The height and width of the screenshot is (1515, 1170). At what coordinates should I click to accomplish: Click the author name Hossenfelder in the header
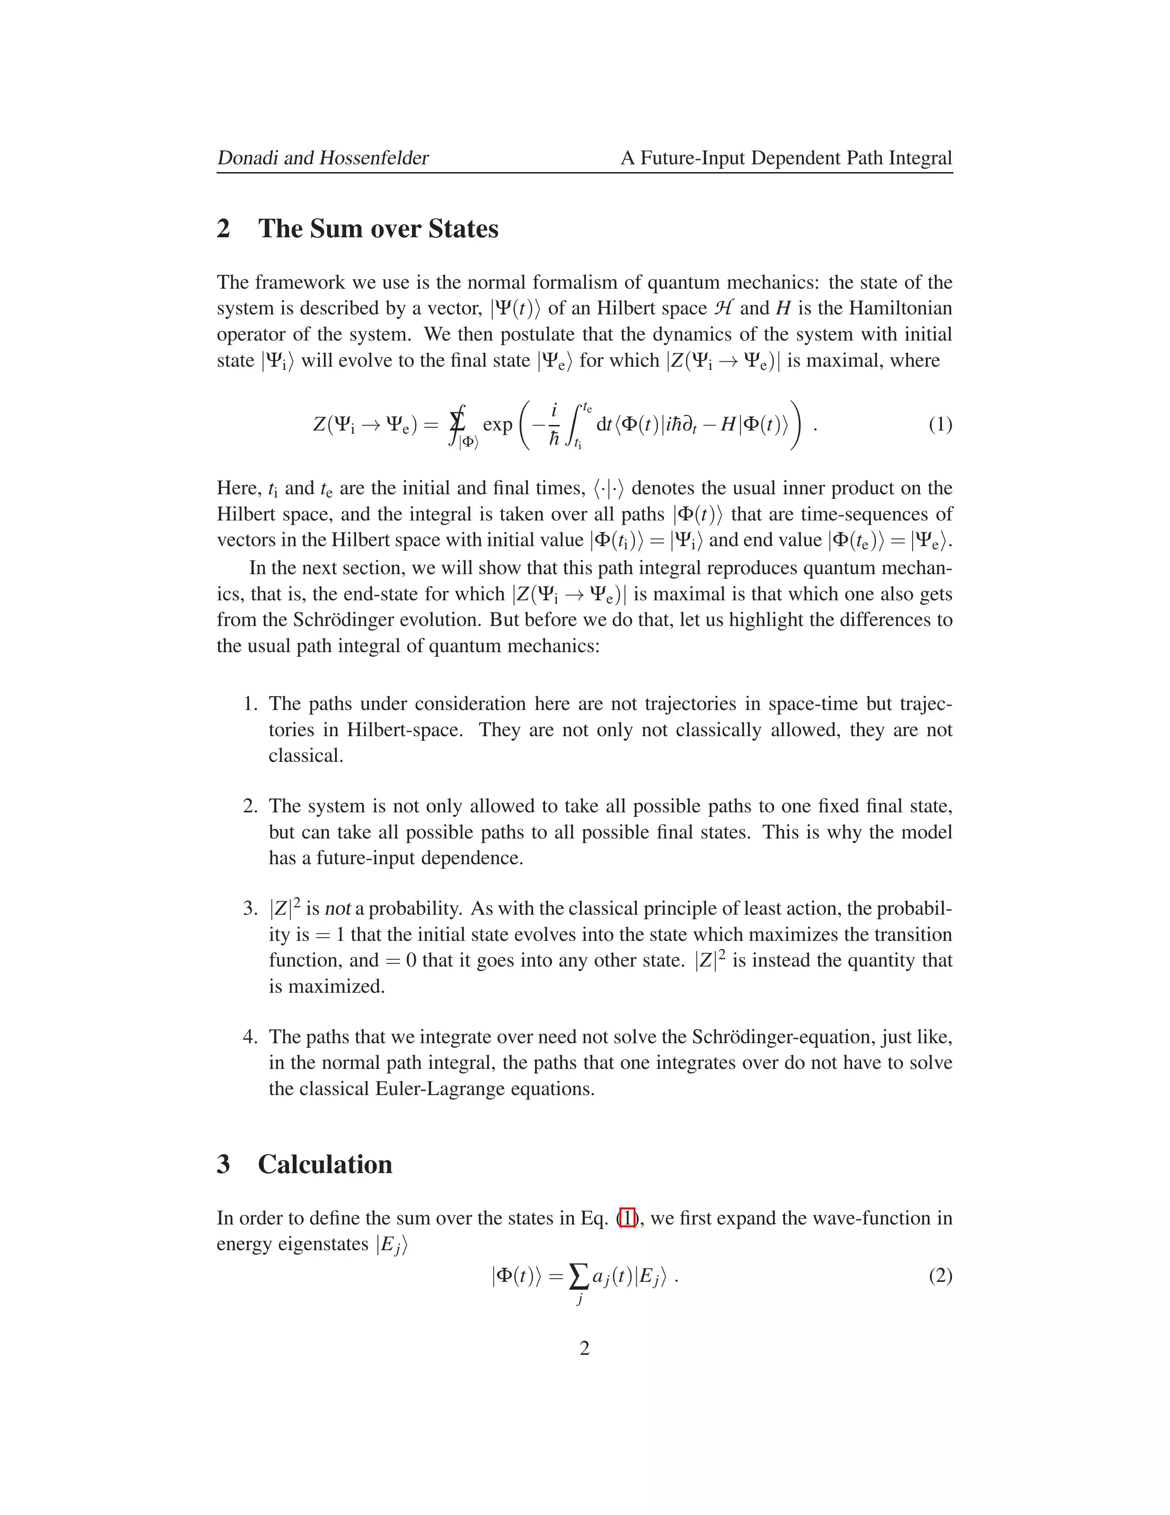tap(374, 158)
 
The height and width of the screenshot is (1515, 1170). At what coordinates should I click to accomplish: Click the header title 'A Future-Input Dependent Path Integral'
tap(786, 158)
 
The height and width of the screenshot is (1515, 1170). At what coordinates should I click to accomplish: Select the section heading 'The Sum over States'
tap(378, 229)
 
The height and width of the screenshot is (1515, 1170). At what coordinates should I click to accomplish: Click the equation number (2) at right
tap(940, 1276)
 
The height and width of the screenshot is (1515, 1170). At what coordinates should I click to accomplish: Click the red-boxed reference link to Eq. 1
tap(627, 1218)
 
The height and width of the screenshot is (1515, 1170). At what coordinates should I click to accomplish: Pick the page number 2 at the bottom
tap(585, 1348)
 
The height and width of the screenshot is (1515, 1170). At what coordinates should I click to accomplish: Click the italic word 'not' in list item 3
tap(338, 909)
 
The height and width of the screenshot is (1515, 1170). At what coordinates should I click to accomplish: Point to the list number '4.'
tap(251, 1037)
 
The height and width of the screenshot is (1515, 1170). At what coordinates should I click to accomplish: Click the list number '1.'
tap(251, 704)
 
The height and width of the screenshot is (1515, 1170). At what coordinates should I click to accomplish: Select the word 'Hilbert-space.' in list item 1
tap(404, 730)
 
